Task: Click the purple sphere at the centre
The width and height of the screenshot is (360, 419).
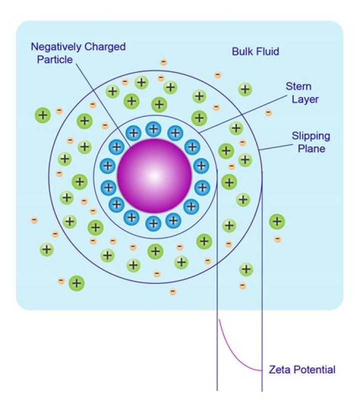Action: point(154,175)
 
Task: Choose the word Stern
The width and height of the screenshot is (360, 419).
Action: point(298,87)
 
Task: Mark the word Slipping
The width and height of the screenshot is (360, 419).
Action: point(310,136)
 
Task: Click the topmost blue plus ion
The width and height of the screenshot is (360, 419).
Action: point(153,129)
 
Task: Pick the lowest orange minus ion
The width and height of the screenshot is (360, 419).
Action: point(172,291)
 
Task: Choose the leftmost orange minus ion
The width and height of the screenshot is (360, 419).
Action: point(34,220)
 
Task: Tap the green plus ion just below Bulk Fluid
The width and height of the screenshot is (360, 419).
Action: point(245,89)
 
